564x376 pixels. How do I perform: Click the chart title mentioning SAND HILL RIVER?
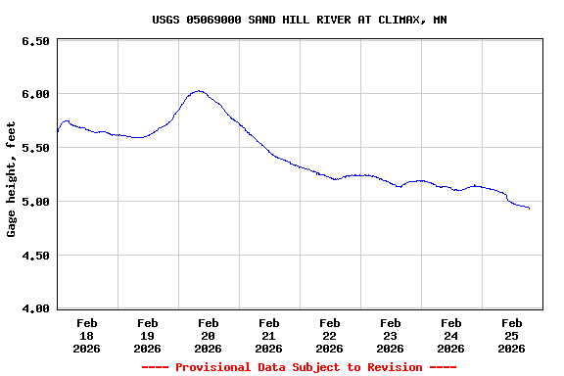point(300,20)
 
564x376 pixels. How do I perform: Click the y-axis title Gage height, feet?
point(12,179)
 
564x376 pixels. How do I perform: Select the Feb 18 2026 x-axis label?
point(86,335)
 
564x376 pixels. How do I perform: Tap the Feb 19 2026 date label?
point(147,335)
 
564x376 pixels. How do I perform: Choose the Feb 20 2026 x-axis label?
point(208,335)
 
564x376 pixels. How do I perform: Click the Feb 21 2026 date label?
point(268,335)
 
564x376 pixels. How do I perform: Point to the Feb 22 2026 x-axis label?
point(329,335)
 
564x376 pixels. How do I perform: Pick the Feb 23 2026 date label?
point(390,335)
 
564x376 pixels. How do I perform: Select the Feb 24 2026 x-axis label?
point(450,335)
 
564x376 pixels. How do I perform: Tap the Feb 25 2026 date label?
point(511,335)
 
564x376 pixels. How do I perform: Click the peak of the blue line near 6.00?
point(199,91)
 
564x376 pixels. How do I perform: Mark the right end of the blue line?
point(530,209)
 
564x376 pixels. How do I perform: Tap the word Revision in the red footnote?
point(394,367)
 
